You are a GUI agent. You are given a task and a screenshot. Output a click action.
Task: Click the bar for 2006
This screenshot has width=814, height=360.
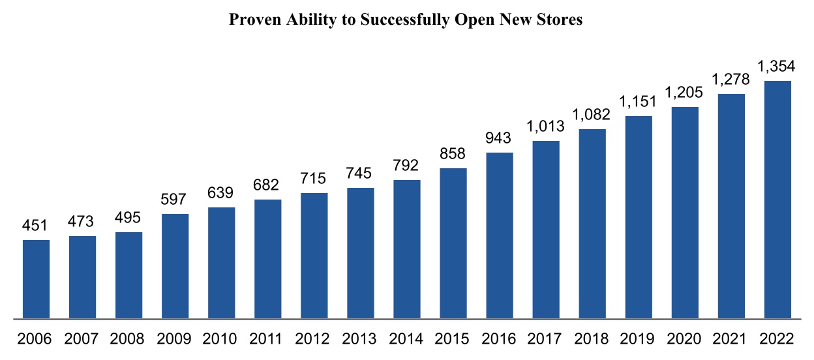(x=36, y=279)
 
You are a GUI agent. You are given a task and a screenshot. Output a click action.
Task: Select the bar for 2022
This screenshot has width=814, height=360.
(x=777, y=200)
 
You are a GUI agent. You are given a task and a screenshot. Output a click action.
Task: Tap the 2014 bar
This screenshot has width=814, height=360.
(x=407, y=249)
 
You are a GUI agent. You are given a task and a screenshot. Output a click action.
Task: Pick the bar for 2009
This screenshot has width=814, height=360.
(x=175, y=266)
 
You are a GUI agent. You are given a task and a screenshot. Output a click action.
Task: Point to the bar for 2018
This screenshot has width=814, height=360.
(x=592, y=224)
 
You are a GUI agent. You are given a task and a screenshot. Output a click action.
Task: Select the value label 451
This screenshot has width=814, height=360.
(x=36, y=226)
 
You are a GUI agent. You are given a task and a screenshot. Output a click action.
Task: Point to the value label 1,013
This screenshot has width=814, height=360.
(x=546, y=127)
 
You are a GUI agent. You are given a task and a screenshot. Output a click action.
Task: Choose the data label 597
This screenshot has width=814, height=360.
(x=175, y=200)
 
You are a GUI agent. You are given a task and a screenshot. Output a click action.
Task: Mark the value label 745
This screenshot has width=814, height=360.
(x=361, y=173)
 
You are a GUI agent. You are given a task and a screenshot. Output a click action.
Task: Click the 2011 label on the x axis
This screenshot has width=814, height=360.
(x=267, y=339)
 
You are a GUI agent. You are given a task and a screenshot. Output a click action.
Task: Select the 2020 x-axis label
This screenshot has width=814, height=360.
(x=685, y=339)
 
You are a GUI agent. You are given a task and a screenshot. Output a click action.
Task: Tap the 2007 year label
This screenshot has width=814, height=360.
(x=82, y=339)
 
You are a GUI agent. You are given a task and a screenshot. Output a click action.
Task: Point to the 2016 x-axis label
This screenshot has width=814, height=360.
(x=500, y=339)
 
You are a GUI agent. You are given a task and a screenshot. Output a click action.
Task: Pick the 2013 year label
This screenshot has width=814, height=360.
(x=361, y=339)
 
